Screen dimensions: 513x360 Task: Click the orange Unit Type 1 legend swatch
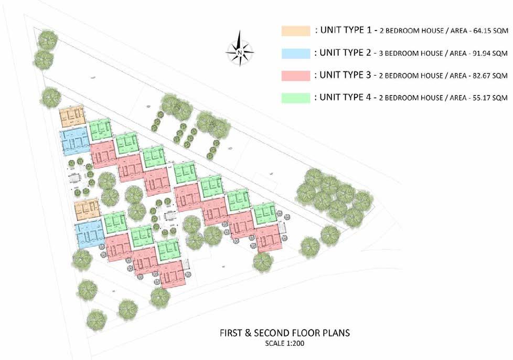295,31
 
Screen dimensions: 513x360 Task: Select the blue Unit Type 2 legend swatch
295,54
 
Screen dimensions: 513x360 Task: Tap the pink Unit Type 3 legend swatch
295,76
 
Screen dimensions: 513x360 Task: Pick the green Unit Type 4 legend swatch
295,98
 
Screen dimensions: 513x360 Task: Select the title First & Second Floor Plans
285,333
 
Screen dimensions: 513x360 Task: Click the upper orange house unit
72,117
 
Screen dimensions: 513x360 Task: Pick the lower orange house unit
87,210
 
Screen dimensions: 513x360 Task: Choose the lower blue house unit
90,234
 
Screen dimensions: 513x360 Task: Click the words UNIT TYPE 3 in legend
343,75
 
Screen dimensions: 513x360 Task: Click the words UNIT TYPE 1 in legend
343,30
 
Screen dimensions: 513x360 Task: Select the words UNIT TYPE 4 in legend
343,97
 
